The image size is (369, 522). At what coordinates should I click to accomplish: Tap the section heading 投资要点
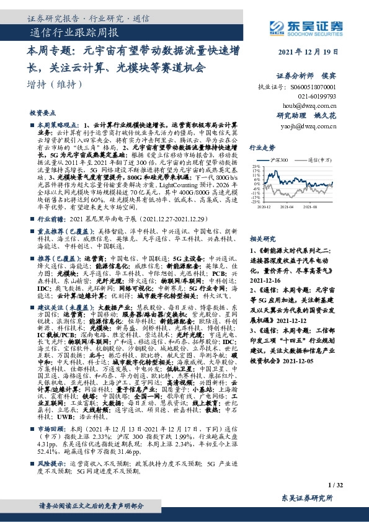[42, 113]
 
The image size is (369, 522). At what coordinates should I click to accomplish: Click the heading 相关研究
[262, 238]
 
